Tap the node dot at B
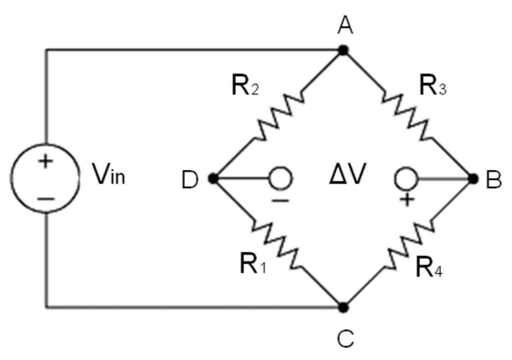tap(472, 179)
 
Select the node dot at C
tap(343, 308)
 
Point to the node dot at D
tap(212, 179)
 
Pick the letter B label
tap(493, 180)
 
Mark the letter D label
tap(190, 180)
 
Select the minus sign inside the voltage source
tap(45, 198)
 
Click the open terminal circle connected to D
tap(280, 179)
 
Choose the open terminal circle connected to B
tap(405, 179)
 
